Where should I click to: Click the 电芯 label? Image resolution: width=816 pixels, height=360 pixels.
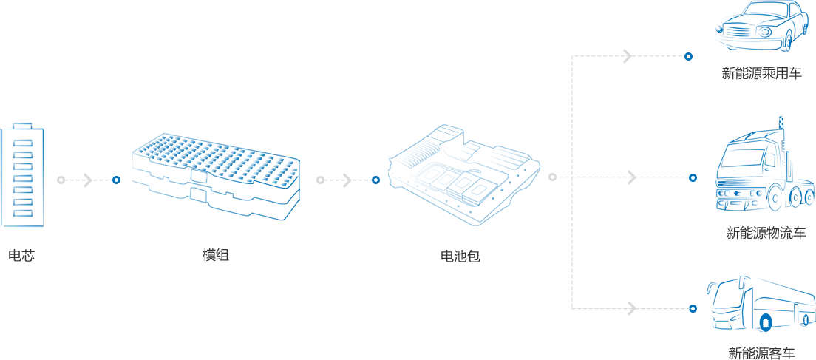point(21,256)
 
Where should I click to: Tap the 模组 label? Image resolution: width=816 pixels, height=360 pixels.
point(215,256)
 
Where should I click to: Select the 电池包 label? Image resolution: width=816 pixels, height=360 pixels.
point(460,256)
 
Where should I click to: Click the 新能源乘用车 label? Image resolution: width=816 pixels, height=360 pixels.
point(761,73)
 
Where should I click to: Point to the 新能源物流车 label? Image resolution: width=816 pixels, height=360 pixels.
point(766,233)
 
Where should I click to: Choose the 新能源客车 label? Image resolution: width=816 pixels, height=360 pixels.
point(762,352)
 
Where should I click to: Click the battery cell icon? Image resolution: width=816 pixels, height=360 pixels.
point(22,174)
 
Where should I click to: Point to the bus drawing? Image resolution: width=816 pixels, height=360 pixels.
point(761,306)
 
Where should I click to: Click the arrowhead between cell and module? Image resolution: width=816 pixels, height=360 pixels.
point(88,180)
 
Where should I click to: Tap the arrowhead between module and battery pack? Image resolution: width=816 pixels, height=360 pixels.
point(347,180)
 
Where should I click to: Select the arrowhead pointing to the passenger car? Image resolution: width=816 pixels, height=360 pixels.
point(628,56)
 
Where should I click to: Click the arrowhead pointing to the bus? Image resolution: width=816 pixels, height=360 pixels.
point(632,308)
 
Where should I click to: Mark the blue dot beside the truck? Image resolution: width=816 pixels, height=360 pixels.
point(693,178)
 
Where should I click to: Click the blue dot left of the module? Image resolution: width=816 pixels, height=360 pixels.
point(117,180)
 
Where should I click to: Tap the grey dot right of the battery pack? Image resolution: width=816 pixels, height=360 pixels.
point(552,177)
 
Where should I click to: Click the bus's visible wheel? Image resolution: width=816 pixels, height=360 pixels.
point(765,323)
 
